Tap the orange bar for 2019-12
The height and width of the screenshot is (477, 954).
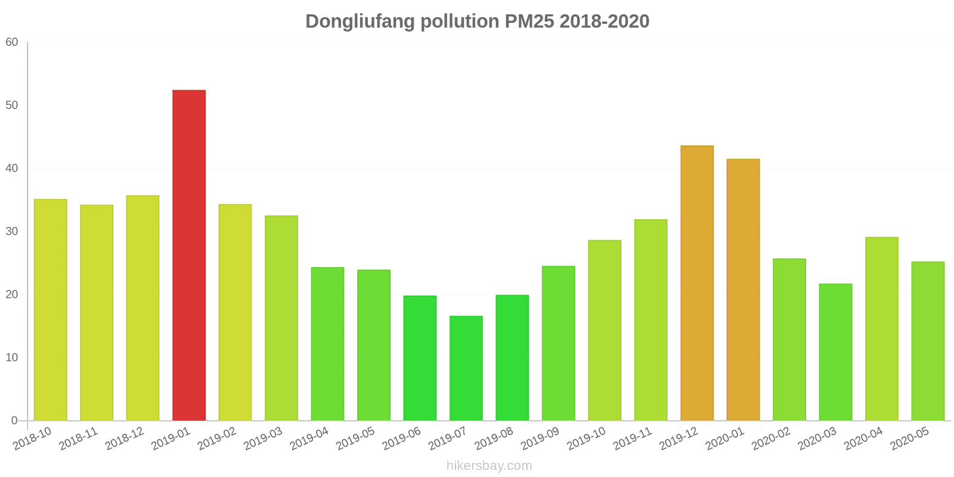pos(696,283)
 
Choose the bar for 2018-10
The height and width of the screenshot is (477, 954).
pos(50,310)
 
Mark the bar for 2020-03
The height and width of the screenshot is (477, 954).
pos(835,352)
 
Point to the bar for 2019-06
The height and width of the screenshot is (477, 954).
pos(420,358)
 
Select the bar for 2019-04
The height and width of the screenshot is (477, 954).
pos(327,344)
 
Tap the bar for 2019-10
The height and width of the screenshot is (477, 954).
pos(604,330)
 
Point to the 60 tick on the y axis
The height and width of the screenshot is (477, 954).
pos(12,42)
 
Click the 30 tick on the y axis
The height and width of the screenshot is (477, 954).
pos(12,231)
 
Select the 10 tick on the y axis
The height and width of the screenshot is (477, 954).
pos(12,358)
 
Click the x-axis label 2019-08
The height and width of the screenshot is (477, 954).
pos(494,439)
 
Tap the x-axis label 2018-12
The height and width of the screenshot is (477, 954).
pos(125,439)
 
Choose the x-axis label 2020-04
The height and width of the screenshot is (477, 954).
pos(863,439)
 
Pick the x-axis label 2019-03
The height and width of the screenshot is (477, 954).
pos(263,439)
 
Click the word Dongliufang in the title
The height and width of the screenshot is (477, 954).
pos(360,21)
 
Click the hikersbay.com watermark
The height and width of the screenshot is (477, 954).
pos(489,466)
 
